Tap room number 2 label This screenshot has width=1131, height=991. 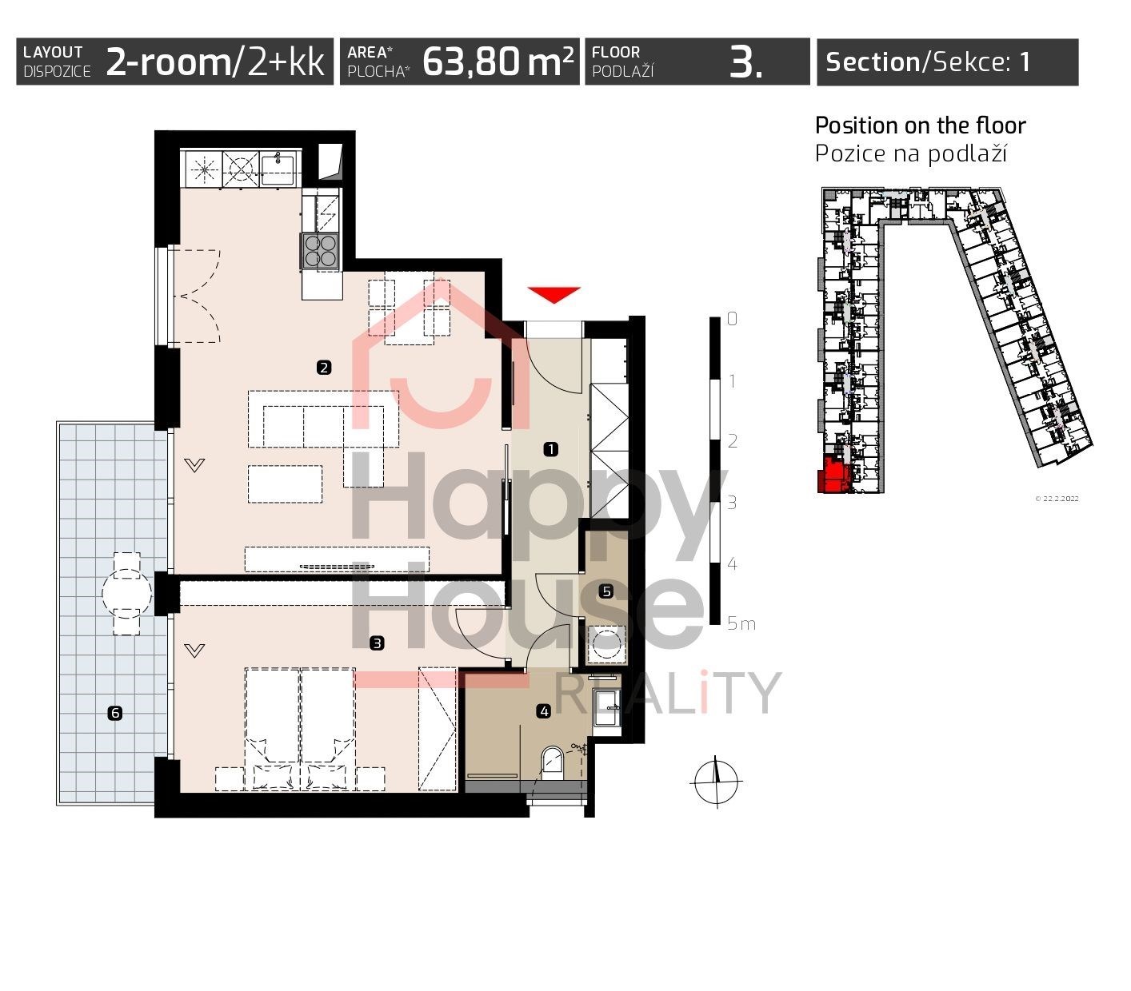click(x=324, y=368)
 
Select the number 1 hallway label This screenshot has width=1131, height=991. click(x=551, y=449)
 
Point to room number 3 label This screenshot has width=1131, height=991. click(x=377, y=643)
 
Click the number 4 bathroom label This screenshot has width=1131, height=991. click(x=544, y=711)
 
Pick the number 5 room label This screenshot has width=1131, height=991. click(x=606, y=591)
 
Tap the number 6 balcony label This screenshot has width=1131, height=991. click(x=115, y=713)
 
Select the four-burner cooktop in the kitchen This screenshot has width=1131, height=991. click(x=321, y=251)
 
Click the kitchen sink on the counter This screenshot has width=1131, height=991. click(x=278, y=169)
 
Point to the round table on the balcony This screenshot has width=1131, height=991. click(x=126, y=593)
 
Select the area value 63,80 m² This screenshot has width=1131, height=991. click(x=498, y=62)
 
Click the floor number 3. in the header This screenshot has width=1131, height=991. click(x=746, y=62)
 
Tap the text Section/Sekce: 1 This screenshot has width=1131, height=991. click(x=928, y=62)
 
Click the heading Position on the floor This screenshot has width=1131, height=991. click(x=920, y=125)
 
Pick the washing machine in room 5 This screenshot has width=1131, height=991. click(x=607, y=645)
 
